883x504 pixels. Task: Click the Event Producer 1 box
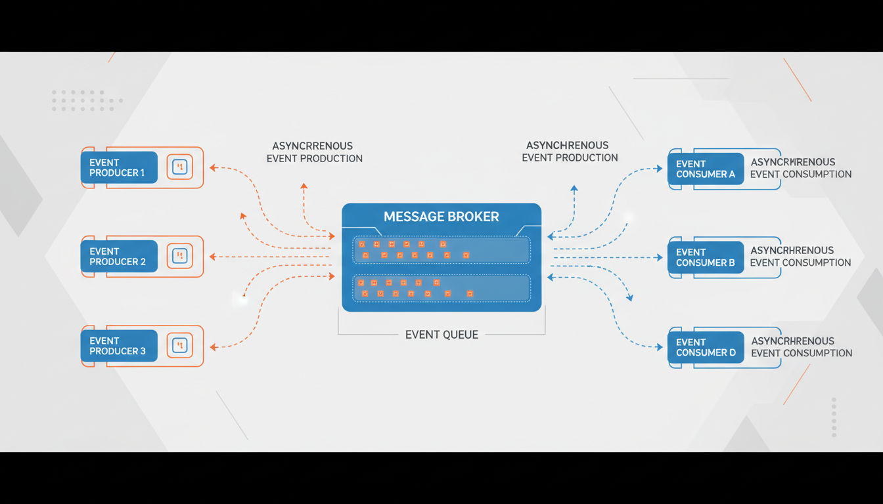point(119,167)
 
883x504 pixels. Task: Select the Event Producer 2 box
point(119,256)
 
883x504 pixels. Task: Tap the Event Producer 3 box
point(119,345)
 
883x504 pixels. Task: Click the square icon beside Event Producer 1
point(179,167)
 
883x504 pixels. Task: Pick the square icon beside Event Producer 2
point(179,256)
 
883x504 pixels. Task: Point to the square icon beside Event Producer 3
point(179,345)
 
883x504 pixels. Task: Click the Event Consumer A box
point(706,169)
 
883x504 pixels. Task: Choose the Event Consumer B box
point(706,257)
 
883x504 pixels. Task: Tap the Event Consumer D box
point(706,347)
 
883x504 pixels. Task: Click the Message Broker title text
point(442,217)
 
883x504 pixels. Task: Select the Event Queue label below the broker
point(442,335)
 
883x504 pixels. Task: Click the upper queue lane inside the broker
point(442,249)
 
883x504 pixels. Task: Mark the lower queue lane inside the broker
point(442,288)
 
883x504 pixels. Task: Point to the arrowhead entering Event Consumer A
point(659,169)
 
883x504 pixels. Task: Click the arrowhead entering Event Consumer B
point(659,257)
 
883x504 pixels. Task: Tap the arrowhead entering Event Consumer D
point(659,347)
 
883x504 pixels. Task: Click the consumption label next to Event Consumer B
point(801,257)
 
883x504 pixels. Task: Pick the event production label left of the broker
point(314,152)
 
